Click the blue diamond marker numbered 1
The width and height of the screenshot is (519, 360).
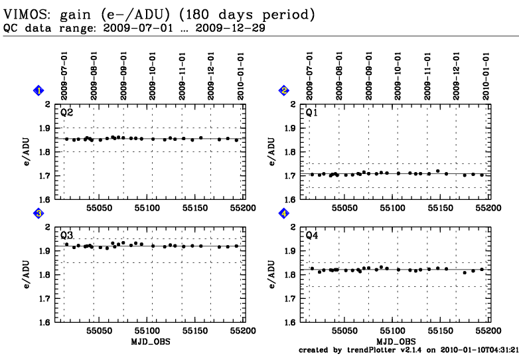[x=39, y=90]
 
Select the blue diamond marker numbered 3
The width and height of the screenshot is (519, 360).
[x=39, y=213]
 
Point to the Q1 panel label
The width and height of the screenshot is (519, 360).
[x=312, y=112]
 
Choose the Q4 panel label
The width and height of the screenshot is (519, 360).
[x=312, y=235]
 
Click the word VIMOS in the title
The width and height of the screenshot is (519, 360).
[x=23, y=13]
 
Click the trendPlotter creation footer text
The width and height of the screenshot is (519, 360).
[x=409, y=349]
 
